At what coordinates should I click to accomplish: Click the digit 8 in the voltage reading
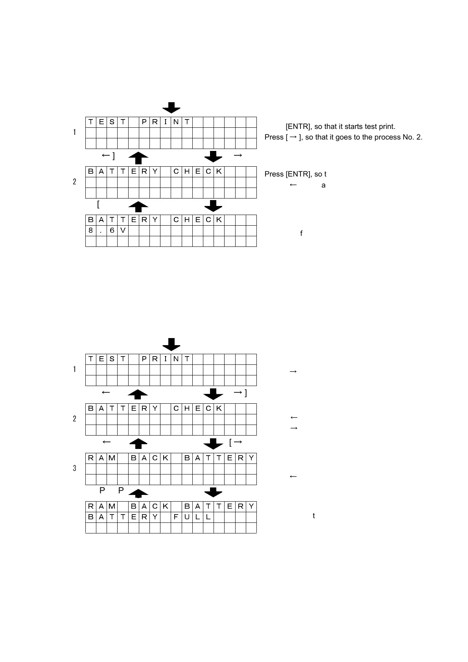click(91, 230)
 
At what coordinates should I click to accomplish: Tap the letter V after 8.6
click(123, 230)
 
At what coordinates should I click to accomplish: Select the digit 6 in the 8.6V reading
click(112, 230)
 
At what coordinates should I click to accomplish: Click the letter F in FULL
click(176, 517)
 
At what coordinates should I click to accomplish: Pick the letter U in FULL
click(187, 517)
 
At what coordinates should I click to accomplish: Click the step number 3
click(74, 468)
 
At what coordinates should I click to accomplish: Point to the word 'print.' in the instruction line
click(386, 127)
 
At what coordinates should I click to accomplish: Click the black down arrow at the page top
click(171, 107)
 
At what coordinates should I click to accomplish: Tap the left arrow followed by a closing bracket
click(108, 156)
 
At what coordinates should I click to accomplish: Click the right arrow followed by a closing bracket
click(240, 393)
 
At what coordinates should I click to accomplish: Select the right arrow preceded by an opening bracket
click(236, 443)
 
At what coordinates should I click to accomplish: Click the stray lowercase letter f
click(301, 234)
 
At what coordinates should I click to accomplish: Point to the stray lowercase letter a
click(323, 185)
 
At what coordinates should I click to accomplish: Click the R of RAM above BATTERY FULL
click(91, 506)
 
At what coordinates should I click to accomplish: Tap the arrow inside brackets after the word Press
click(292, 137)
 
